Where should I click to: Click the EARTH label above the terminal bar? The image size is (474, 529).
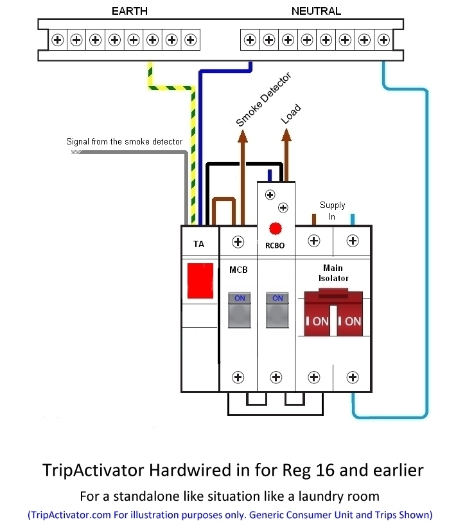129,11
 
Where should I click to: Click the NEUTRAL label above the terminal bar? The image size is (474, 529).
316,11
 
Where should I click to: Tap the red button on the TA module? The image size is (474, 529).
200,280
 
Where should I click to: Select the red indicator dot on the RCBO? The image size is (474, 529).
276,228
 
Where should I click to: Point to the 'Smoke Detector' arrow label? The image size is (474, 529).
263,100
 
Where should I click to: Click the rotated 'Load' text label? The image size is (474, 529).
290,114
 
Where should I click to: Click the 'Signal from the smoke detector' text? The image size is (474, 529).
125,141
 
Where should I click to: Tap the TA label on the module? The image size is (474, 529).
199,244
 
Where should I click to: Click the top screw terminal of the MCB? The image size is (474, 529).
238,242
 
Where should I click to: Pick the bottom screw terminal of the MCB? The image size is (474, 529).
238,377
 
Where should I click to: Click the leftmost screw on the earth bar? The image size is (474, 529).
58,40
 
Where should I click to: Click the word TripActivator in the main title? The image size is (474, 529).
94,470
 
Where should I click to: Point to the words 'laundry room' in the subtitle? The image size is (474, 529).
347,496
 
